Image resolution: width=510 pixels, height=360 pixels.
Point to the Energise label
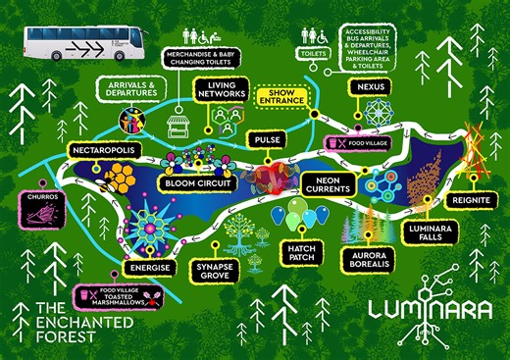(x=149, y=267)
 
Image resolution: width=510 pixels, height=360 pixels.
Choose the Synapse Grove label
(x=208, y=270)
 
